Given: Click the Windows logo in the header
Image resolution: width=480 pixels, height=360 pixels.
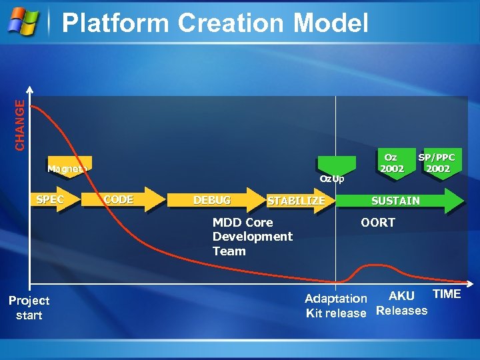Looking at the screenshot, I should [23, 22].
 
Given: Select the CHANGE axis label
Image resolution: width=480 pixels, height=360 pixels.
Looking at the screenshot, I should [21, 125].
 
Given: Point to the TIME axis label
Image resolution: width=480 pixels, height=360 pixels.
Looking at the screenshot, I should [447, 294].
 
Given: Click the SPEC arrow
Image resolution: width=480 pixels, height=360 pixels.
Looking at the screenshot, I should [54, 200].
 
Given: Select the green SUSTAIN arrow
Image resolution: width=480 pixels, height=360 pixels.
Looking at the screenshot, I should [400, 200].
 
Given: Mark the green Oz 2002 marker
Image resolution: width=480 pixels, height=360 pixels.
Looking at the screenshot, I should [391, 163].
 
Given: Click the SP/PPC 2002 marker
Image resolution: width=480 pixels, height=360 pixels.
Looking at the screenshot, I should [437, 163].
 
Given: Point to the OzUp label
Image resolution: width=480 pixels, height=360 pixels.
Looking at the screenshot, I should [331, 179].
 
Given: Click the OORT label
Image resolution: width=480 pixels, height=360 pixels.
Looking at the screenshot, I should [378, 223].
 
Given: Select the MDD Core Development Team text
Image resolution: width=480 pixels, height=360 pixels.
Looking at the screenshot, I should [252, 237].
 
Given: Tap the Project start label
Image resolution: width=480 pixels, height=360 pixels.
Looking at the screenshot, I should [29, 308].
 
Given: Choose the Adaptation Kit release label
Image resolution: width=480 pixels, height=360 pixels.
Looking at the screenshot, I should [336, 305].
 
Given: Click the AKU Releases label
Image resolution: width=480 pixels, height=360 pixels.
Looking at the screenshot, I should [402, 303].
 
